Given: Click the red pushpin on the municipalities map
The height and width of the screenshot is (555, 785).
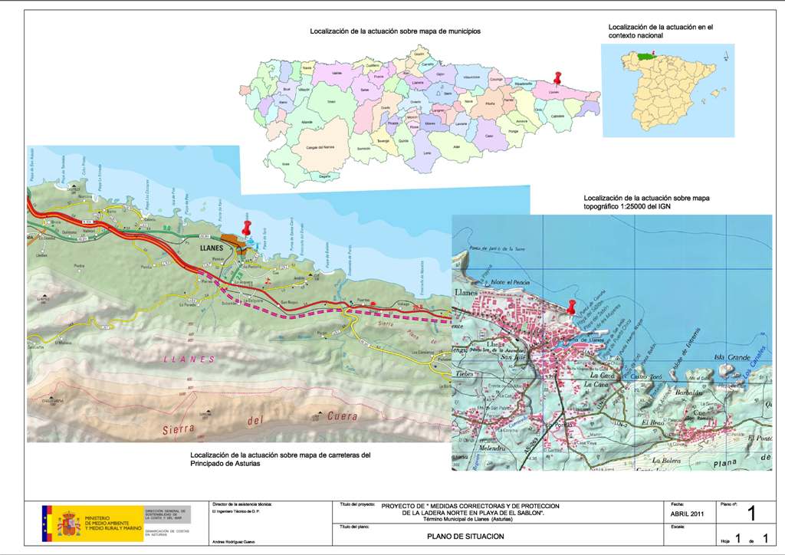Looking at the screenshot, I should (x=558, y=79).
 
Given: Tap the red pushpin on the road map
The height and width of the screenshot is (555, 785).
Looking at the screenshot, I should (x=247, y=228).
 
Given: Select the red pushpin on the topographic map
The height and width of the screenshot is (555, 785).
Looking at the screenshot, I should (x=571, y=307).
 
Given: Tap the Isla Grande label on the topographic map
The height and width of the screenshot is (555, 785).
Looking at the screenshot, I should (x=730, y=357).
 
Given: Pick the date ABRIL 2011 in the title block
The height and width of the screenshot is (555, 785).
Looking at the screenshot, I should (x=686, y=514).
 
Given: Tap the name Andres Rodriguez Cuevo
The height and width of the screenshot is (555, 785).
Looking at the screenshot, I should (x=233, y=542).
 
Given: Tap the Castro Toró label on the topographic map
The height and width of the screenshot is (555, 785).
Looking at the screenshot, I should (x=645, y=378).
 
